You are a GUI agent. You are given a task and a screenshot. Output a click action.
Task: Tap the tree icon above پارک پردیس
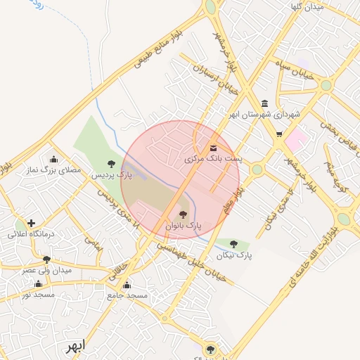tap(111, 163)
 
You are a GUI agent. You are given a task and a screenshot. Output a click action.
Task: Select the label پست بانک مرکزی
tap(213, 160)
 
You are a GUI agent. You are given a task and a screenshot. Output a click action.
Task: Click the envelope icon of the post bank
tap(213, 148)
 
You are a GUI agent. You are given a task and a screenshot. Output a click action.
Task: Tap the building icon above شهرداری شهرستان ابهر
tap(264, 103)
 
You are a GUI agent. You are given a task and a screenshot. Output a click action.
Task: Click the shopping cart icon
tap(280, 134)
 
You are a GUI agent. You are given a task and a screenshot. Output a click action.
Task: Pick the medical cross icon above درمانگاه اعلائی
tap(30, 223)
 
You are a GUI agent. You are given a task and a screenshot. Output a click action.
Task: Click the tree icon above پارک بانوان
tap(183, 214)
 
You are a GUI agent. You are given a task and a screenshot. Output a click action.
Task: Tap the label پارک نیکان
tap(234, 255)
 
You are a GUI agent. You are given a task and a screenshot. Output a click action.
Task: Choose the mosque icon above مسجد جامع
tap(127, 285)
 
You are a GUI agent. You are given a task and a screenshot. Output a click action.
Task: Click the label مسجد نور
tap(37, 295)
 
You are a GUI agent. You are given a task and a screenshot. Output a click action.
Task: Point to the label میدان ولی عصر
tap(47, 270)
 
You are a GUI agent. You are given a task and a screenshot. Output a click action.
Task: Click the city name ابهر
tap(73, 347)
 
